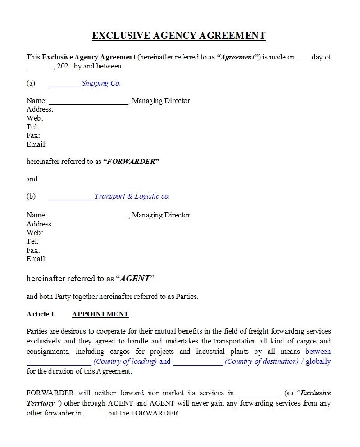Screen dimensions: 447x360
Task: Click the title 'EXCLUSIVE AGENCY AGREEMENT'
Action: point(179,36)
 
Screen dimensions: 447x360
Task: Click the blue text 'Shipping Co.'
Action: point(101,83)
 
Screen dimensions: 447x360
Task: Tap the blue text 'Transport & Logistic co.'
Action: point(132,196)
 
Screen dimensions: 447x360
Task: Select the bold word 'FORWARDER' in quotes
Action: point(131,162)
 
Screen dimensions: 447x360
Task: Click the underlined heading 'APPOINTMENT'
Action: point(100,314)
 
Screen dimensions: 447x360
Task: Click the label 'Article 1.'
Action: point(41,314)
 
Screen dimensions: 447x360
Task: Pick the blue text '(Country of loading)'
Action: point(125,361)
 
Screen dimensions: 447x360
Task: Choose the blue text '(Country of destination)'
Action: point(261,361)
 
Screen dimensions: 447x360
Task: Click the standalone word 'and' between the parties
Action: point(32,179)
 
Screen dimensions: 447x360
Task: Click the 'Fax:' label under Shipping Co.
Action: point(33,135)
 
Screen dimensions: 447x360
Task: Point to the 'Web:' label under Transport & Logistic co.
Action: point(35,233)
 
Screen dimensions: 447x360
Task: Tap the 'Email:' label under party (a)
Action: point(36,144)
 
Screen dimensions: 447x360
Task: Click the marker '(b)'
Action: point(31,196)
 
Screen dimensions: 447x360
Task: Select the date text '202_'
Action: point(64,66)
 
